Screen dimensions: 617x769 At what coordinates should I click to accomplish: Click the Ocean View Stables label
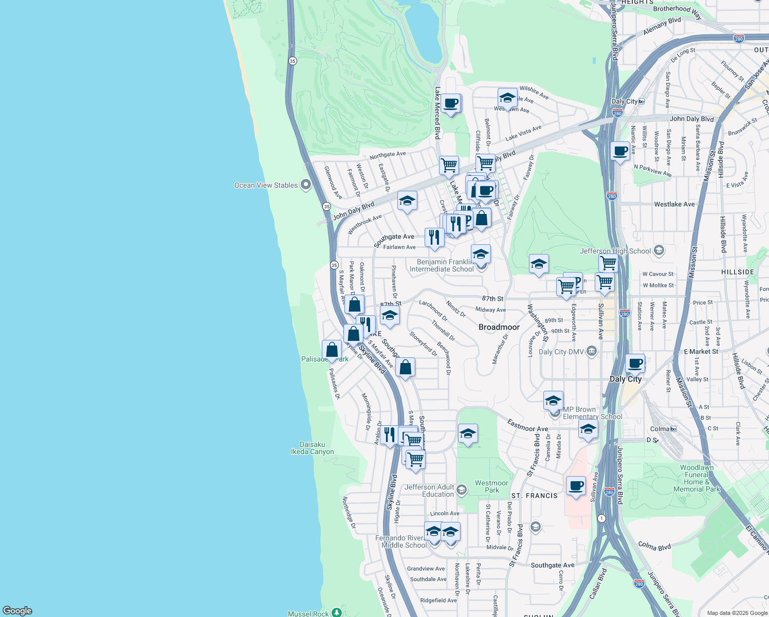pyautogui.click(x=266, y=185)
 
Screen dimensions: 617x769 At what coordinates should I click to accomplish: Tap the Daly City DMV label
pyautogui.click(x=561, y=352)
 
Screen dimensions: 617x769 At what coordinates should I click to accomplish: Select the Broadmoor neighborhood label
pyautogui.click(x=499, y=327)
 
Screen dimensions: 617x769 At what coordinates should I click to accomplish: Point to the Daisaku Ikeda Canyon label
pyautogui.click(x=312, y=448)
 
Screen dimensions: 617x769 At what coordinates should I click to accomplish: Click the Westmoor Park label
pyautogui.click(x=491, y=486)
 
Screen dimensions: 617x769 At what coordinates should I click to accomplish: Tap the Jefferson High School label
pyautogui.click(x=615, y=251)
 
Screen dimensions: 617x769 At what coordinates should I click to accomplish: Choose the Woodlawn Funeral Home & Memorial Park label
pyautogui.click(x=697, y=478)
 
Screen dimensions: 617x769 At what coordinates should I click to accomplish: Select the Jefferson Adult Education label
pyautogui.click(x=430, y=491)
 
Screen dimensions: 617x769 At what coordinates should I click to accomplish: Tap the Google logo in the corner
pyautogui.click(x=17, y=610)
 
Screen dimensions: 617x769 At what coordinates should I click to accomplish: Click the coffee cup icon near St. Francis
pyautogui.click(x=576, y=485)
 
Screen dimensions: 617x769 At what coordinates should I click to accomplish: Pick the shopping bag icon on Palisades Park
pyautogui.click(x=332, y=350)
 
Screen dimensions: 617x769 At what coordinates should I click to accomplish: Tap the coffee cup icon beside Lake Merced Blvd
pyautogui.click(x=451, y=103)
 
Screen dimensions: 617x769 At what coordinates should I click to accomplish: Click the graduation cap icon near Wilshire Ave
pyautogui.click(x=507, y=98)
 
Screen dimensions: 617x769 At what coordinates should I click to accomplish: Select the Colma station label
pyautogui.click(x=660, y=429)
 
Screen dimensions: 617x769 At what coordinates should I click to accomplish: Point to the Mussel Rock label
pyautogui.click(x=308, y=613)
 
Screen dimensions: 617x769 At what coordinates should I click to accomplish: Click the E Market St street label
pyautogui.click(x=701, y=352)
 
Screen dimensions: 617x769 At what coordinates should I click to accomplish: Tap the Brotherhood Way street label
pyautogui.click(x=677, y=11)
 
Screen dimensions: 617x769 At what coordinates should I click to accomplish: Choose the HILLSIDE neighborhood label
pyautogui.click(x=738, y=272)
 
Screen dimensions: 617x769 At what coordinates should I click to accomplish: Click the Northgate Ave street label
pyautogui.click(x=388, y=154)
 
